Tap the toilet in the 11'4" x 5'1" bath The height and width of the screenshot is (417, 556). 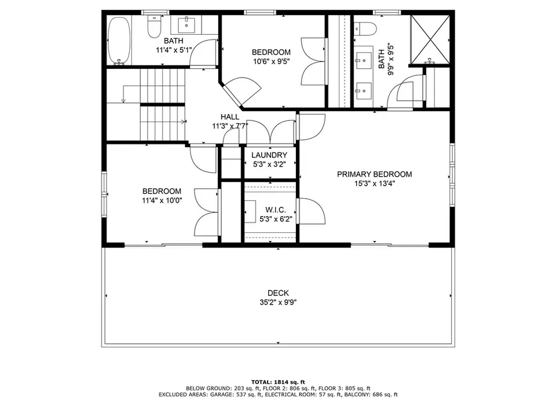click(x=154, y=27)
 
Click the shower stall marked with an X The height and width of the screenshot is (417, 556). click(x=429, y=40)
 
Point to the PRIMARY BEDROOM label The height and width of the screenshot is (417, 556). click(x=374, y=174)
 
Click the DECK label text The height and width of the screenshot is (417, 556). click(x=278, y=293)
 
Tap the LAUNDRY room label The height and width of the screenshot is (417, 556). click(x=269, y=155)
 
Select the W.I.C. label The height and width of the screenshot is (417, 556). click(x=276, y=210)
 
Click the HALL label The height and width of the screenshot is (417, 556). click(x=230, y=116)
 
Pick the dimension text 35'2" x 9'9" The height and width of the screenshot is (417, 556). click(x=278, y=302)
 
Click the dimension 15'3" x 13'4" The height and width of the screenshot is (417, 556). click(x=375, y=184)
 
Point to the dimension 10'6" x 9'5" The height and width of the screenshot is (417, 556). click(x=271, y=61)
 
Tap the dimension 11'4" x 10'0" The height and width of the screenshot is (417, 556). click(x=162, y=201)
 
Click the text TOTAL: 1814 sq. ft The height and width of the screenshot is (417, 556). click(x=278, y=382)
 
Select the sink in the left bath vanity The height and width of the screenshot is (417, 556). click(x=186, y=24)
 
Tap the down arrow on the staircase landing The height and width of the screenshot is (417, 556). click(x=123, y=94)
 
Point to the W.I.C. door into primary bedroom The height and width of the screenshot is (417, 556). click(x=311, y=211)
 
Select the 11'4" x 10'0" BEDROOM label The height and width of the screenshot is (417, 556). click(x=162, y=191)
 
